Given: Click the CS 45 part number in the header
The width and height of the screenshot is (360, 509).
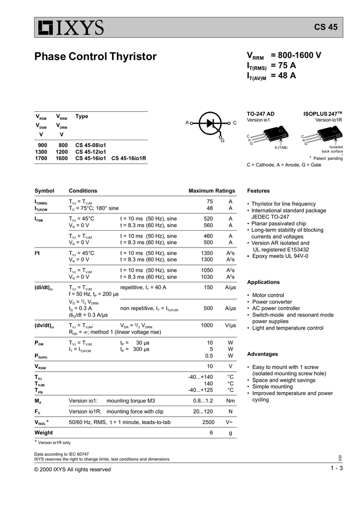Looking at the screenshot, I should [326, 27].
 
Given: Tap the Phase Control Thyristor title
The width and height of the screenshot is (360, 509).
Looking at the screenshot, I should [95, 57].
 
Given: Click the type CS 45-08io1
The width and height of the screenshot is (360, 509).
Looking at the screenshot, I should [90, 145].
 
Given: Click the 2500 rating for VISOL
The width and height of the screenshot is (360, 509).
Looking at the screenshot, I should [208, 422].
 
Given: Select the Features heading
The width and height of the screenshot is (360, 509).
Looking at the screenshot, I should [258, 191].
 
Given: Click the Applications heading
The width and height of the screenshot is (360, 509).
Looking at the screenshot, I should [264, 282].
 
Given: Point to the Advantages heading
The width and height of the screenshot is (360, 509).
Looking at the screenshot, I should [262, 354].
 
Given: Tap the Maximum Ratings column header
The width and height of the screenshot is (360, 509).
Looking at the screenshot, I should [211, 191].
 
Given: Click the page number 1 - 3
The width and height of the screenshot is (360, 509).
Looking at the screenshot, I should [337, 469].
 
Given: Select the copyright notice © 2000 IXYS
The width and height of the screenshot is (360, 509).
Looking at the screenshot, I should [72, 469].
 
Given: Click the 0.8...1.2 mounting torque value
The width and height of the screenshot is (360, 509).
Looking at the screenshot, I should [203, 401].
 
